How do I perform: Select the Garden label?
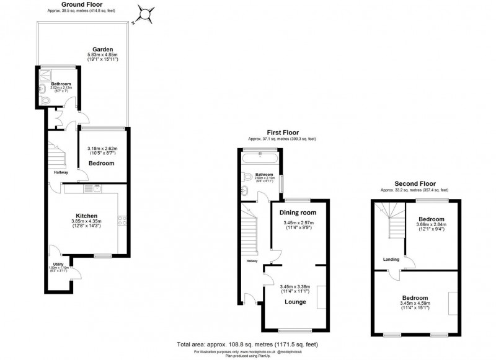click(103, 49)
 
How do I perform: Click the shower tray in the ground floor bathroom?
click(43, 76)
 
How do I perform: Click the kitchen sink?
click(97, 188)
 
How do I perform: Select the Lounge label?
click(294, 302)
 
